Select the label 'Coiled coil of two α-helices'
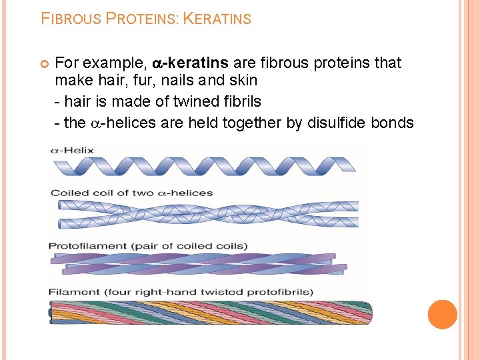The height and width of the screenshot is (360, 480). click(x=131, y=193)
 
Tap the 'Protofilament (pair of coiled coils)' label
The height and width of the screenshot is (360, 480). click(x=147, y=246)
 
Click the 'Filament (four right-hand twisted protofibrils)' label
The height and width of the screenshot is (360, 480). click(x=181, y=292)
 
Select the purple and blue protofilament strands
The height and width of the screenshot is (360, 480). click(x=200, y=263)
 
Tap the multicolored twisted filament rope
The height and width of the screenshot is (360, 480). click(x=210, y=312)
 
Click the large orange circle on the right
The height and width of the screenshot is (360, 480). click(x=442, y=315)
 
